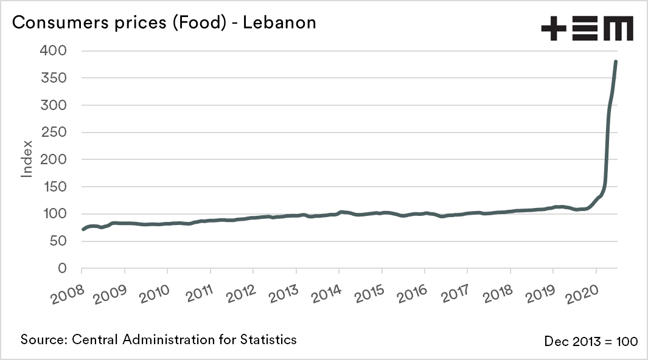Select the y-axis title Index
(27, 159)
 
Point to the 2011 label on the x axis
(195, 294)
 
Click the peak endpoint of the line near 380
(616, 61)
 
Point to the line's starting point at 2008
(83, 229)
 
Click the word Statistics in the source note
(268, 339)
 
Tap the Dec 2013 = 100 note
(591, 342)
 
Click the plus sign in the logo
(554, 29)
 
